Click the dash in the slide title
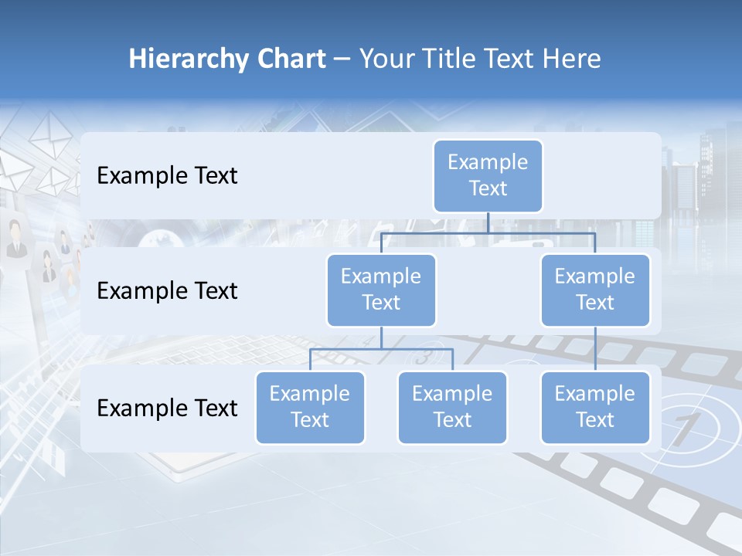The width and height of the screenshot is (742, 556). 342,59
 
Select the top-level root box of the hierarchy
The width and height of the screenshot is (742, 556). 488,176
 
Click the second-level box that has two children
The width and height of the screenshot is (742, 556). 381,290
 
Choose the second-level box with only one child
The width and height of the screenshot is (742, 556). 595,290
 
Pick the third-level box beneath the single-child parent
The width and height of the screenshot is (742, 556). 595,408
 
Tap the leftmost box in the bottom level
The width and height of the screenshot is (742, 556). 310,408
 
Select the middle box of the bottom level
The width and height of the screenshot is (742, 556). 452,408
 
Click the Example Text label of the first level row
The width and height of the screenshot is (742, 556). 167,176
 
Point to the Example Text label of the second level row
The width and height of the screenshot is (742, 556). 167,291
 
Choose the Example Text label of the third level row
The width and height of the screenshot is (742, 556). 167,408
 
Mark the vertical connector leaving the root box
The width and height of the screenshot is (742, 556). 488,222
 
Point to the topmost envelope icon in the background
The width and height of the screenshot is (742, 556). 51,127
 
